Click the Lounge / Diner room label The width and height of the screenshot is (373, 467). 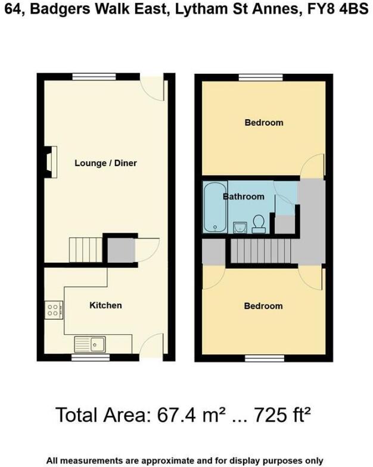[105, 163]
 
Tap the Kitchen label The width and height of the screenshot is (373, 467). [105, 305]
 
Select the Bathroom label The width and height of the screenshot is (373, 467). [244, 196]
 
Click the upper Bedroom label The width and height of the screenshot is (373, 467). [263, 123]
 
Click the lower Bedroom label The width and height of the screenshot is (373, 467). [263, 306]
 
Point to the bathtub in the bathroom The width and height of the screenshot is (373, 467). [213, 207]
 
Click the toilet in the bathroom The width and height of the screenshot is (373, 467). [259, 223]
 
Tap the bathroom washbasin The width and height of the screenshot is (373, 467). [240, 227]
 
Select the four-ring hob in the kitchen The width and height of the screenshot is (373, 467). [52, 310]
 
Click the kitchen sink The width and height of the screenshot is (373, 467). [90, 344]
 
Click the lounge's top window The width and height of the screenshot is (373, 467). [94, 76]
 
